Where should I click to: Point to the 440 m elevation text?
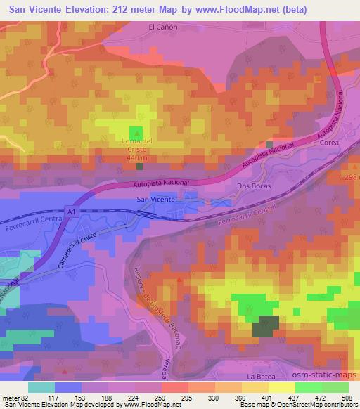coord(137,158)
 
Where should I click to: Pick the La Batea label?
coord(259,377)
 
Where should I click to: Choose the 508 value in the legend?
coord(347,397)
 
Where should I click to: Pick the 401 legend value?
coord(268,397)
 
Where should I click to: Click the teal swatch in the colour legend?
coord(41,387)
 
